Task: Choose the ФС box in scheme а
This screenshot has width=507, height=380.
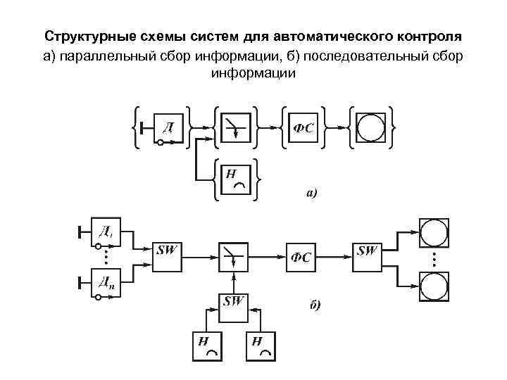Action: coord(303,127)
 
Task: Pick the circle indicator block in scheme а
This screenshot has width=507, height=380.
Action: coord(370,127)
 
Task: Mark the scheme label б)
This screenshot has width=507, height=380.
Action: coord(315,305)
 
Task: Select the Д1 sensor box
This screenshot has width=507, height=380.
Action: coord(107,233)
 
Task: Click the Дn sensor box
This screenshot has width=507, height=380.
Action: coord(107,283)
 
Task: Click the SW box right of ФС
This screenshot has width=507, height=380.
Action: coord(368,256)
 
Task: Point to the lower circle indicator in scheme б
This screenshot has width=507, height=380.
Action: coord(434,288)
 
